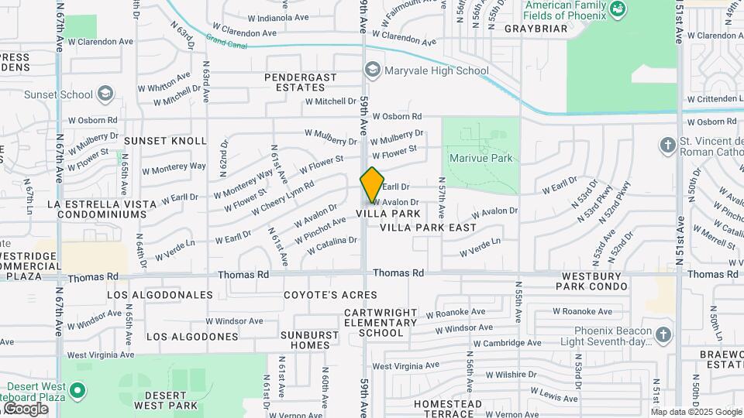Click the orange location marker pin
click(x=372, y=185)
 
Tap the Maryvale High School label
click(x=438, y=71)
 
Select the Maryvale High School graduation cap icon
click(x=373, y=71)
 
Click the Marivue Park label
click(x=480, y=158)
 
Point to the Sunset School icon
click(x=106, y=94)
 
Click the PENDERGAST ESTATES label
click(x=301, y=82)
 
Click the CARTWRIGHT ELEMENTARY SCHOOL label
click(x=374, y=323)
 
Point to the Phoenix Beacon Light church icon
click(x=663, y=334)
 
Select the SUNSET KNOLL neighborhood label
click(x=166, y=141)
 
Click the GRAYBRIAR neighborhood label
click(x=536, y=29)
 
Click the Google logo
click(x=26, y=409)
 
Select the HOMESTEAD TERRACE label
click(x=448, y=409)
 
